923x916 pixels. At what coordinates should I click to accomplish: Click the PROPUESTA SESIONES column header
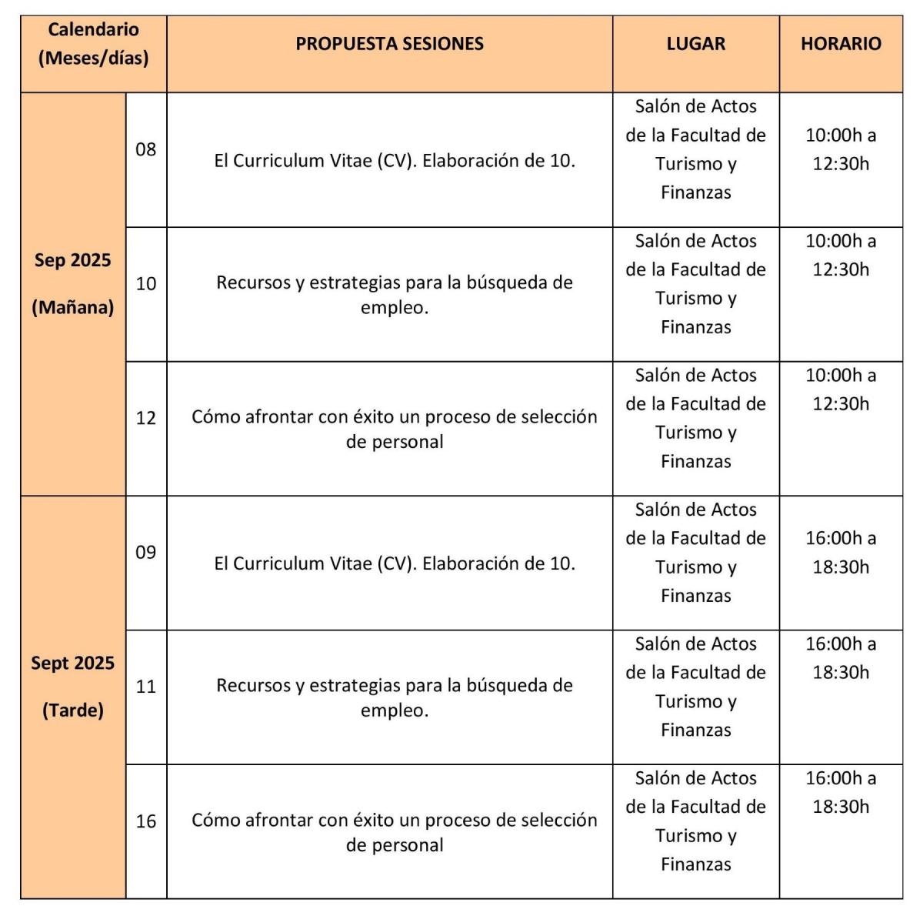pos(389,44)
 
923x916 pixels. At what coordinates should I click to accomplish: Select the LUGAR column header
pos(695,44)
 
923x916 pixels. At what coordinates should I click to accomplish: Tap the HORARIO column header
pos(841,44)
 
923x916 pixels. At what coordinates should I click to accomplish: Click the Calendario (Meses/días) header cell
pos(93,44)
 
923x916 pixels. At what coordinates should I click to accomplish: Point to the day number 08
pos(145,149)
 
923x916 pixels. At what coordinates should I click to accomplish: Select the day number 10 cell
pos(145,284)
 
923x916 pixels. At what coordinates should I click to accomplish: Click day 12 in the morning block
pos(145,418)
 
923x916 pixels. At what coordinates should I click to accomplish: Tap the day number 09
pos(145,553)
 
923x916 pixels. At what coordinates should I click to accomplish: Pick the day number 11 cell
pos(145,687)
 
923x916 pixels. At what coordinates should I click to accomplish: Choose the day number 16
pos(145,821)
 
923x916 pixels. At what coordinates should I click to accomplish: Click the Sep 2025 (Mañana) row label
pos(72,284)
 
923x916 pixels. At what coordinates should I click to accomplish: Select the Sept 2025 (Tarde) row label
pos(72,687)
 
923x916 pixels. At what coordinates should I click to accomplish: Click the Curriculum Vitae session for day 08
pos(394,161)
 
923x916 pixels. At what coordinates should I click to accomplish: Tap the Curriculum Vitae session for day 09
pos(394,563)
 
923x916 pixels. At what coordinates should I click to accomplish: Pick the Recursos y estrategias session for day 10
pos(394,294)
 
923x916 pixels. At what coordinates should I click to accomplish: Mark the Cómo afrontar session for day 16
pos(394,831)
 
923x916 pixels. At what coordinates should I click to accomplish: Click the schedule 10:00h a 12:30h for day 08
pos(841,149)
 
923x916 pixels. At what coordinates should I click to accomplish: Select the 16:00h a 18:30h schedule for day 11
pos(841,658)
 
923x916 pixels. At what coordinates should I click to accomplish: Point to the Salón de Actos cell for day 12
pos(695,418)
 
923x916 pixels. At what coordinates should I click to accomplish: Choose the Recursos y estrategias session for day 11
pos(394,697)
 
